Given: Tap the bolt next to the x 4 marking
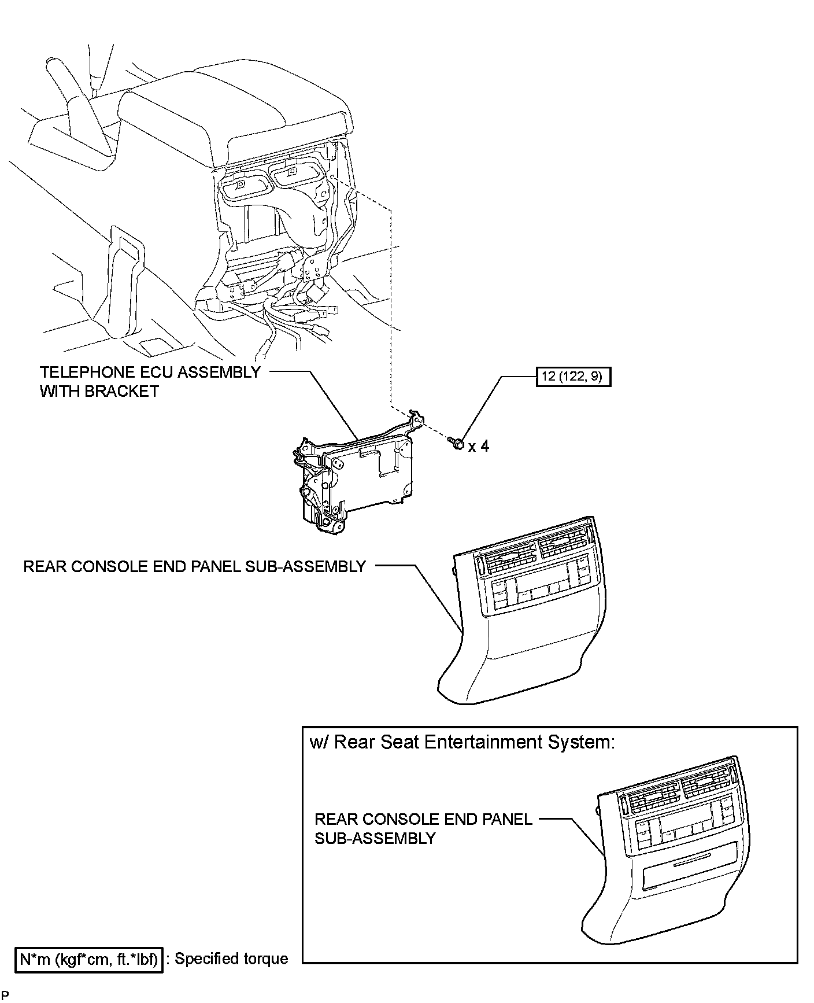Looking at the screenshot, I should pyautogui.click(x=457, y=444).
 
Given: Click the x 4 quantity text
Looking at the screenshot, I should pyautogui.click(x=479, y=447).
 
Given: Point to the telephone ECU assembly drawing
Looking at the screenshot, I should pyautogui.click(x=353, y=474).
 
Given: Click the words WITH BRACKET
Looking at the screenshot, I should pyautogui.click(x=99, y=391).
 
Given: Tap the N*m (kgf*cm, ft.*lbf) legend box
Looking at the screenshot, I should pyautogui.click(x=88, y=959).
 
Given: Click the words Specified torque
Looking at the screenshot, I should pyautogui.click(x=231, y=958).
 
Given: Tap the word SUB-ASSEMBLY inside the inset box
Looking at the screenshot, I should pyautogui.click(x=375, y=838).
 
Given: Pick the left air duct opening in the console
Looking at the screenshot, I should pyautogui.click(x=243, y=185).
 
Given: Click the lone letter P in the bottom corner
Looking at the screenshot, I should pyautogui.click(x=5, y=995).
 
